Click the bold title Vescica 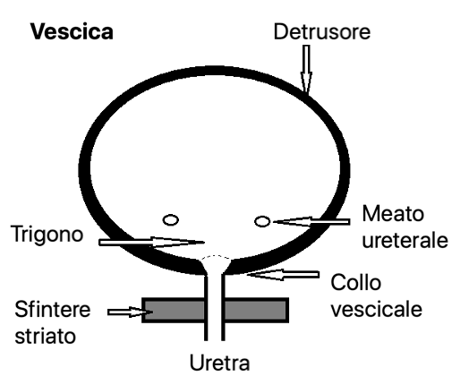[72, 31]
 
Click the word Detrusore [322, 31]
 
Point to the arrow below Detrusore [306, 69]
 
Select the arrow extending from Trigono [151, 242]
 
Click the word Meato [393, 214]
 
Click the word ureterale [405, 240]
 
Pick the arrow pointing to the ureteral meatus [311, 222]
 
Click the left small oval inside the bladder [171, 220]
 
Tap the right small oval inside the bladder [262, 221]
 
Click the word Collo [356, 282]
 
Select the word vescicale [377, 308]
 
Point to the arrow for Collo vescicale [283, 275]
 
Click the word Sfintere [53, 309]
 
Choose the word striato [45, 336]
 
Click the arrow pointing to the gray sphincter [131, 312]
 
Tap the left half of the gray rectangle [174, 310]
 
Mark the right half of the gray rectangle [256, 310]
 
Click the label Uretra [219, 363]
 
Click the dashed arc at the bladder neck [216, 256]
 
